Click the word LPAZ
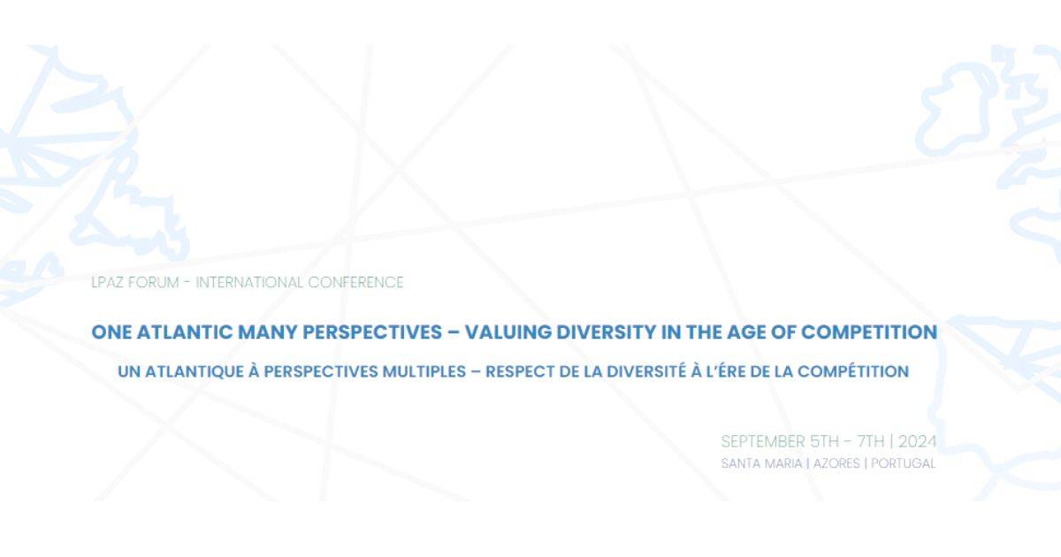tap(108, 282)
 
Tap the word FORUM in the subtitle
tap(154, 282)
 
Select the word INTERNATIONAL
tap(249, 282)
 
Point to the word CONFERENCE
tap(355, 282)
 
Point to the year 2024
tap(918, 441)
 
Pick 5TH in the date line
tap(824, 441)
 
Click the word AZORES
tap(836, 463)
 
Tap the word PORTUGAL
tap(904, 463)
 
